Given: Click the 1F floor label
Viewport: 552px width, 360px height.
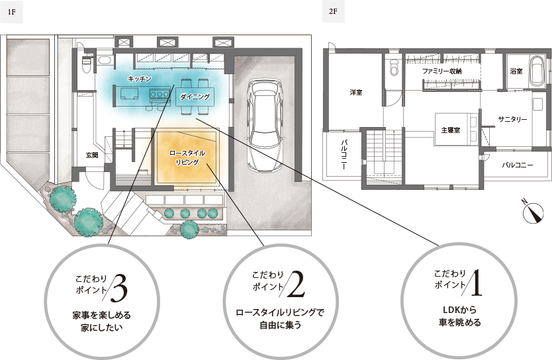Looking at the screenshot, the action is pos(11,12).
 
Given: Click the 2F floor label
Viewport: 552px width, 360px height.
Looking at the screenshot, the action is pos(333,11).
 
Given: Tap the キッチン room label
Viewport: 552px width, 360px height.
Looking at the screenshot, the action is pos(140,79).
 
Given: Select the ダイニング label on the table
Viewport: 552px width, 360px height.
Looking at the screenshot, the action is pos(195,97).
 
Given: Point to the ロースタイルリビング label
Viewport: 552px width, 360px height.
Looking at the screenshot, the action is pos(187,157).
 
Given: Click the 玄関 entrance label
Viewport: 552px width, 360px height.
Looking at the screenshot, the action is pos(92,155).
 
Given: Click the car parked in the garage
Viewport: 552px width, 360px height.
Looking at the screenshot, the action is pos(265,125).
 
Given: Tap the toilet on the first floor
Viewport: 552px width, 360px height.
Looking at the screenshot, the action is pos(86,64).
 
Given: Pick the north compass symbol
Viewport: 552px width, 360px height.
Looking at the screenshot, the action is pos(533,212).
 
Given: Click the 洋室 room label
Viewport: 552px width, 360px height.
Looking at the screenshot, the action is pos(356,92).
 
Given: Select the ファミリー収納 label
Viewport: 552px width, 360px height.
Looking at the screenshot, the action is pos(442,71).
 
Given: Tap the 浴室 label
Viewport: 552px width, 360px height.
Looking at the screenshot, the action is pos(516,71).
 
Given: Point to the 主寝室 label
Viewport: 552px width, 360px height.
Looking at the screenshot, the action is pos(451,130).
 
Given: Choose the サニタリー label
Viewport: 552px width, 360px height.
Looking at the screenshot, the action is pos(512,119).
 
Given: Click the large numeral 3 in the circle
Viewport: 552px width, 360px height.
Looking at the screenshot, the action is pos(119,288).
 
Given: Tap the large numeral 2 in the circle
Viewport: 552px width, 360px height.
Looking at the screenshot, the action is pos(296,284).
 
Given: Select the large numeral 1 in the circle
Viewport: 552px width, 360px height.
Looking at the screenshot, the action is pos(477,282).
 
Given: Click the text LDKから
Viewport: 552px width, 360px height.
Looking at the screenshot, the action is pos(459,310).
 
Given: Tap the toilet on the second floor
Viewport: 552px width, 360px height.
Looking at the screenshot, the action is pos(394,67).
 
